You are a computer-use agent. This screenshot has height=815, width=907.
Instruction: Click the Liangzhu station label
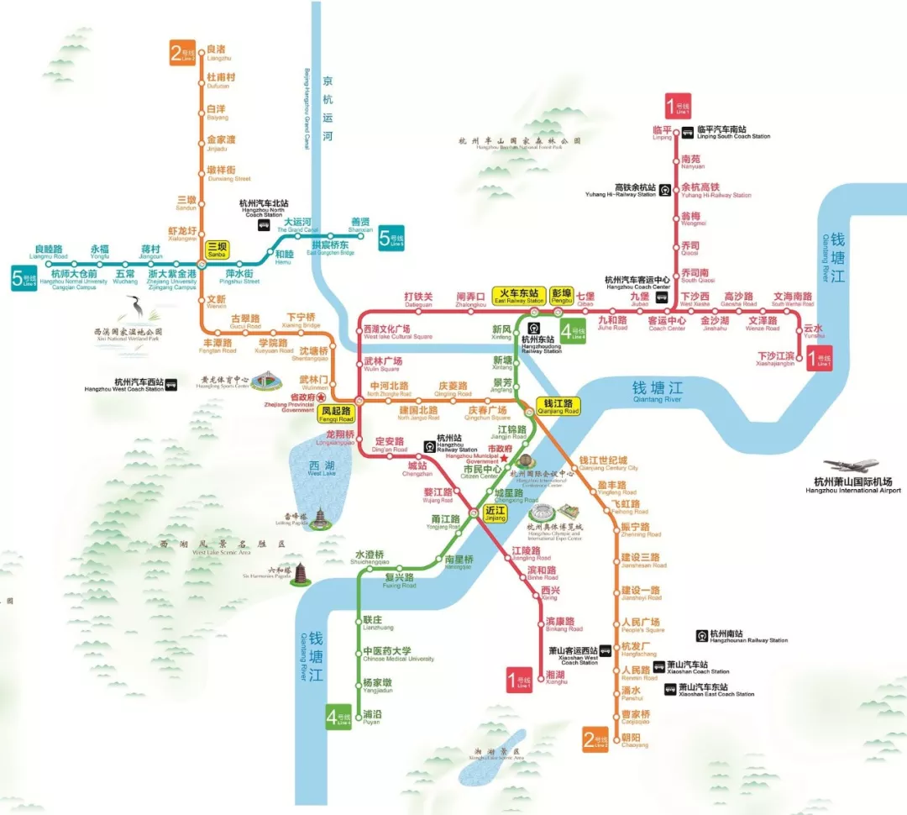pos(217,52)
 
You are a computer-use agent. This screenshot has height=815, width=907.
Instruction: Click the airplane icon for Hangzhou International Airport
pos(851,465)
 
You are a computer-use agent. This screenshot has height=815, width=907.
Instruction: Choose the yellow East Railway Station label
pos(519,295)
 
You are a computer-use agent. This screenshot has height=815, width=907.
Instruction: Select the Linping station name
pos(663,132)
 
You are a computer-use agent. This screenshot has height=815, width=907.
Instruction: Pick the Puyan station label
pos(372,716)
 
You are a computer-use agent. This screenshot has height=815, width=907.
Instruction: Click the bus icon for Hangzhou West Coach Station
pos(171,385)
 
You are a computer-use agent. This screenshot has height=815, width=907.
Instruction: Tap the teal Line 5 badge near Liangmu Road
pos(23,277)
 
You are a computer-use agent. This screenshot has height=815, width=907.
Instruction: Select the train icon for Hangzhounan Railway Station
pos(701,636)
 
